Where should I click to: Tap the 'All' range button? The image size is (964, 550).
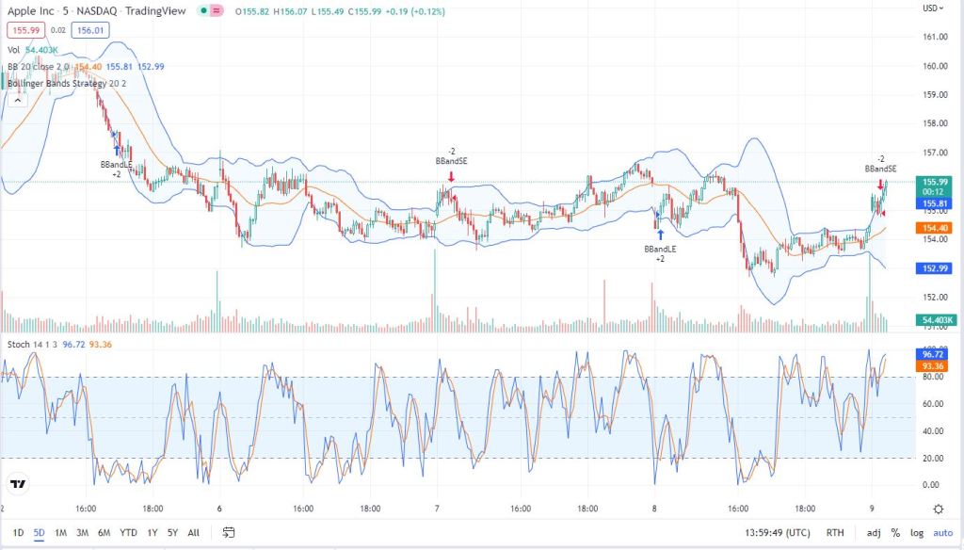(x=193, y=533)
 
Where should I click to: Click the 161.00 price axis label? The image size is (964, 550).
(x=936, y=38)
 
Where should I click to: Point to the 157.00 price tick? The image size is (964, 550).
(x=936, y=153)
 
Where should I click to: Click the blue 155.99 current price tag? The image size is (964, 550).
(x=936, y=182)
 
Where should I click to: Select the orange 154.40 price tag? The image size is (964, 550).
(x=936, y=228)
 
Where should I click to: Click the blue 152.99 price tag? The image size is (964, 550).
(x=936, y=268)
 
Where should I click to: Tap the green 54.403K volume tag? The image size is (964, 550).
(x=936, y=320)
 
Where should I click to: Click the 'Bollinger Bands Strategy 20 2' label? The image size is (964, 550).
(x=66, y=83)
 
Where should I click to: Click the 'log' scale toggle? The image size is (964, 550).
(x=916, y=533)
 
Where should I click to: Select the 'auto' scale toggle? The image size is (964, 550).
(x=942, y=533)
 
